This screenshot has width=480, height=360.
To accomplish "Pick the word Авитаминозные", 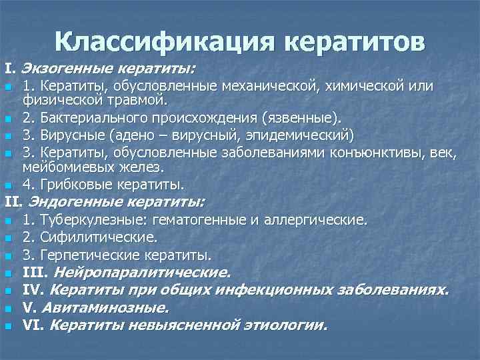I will coord(104,308).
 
